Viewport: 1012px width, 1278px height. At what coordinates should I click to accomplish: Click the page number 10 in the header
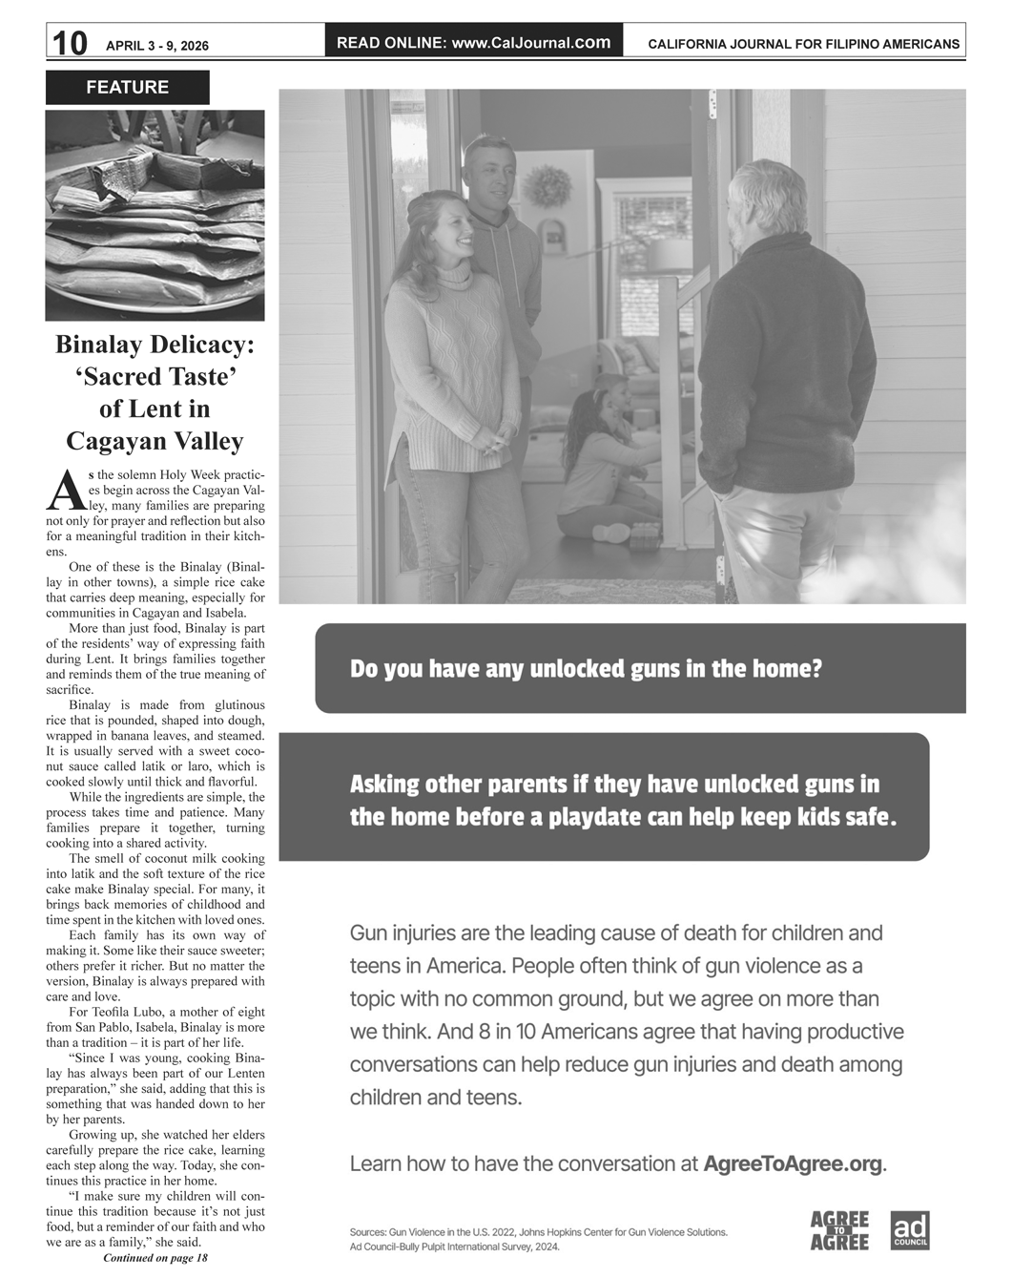pos(70,43)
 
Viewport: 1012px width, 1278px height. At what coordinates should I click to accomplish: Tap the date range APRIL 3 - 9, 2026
pos(157,46)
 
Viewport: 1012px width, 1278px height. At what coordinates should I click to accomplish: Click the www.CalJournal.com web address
pos(531,43)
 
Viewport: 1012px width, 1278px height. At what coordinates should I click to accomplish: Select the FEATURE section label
pos(127,88)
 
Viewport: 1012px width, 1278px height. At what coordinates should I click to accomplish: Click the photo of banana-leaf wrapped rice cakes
pos(155,216)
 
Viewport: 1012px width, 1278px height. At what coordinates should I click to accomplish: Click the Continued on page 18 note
pos(155,1258)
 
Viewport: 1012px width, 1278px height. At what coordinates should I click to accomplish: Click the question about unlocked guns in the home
pos(586,668)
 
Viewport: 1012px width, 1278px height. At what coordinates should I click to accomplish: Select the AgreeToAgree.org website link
pos(793,1163)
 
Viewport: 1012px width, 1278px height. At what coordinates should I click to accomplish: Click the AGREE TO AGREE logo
pos(839,1230)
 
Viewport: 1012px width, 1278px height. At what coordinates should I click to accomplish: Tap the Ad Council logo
pos(909,1230)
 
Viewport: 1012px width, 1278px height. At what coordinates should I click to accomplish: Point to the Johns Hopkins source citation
pos(539,1232)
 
